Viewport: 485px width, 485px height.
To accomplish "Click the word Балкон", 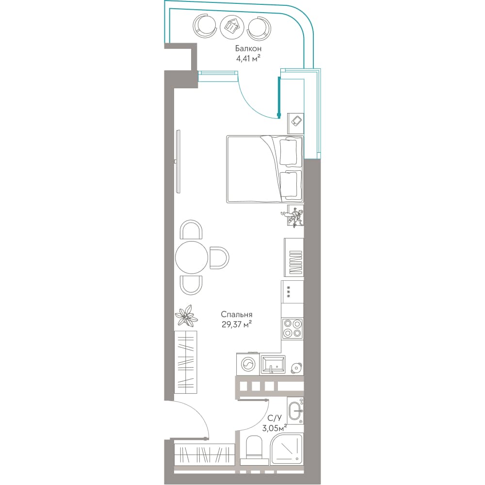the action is [x=248, y=48].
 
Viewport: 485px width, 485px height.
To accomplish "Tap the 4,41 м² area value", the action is [x=248, y=58].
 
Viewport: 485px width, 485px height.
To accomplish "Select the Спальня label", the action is [x=237, y=315].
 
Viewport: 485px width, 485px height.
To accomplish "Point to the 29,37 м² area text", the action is [x=236, y=324].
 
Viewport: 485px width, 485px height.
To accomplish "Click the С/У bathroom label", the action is [x=275, y=419].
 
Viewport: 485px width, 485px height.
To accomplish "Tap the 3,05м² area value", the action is [x=275, y=428].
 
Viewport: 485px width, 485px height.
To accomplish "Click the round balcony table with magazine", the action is [x=232, y=27].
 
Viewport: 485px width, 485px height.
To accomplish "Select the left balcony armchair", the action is [x=204, y=27].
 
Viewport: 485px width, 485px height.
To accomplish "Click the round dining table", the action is [x=192, y=258].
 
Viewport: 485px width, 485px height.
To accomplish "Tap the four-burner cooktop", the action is [x=292, y=328].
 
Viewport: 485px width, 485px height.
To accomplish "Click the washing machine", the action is [x=248, y=364].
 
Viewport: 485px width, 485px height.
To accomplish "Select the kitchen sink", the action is [x=273, y=364].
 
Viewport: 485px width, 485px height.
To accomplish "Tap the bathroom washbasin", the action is [x=295, y=411].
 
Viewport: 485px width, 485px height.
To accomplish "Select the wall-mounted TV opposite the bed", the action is [x=178, y=162].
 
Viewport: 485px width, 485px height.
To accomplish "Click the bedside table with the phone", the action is [x=296, y=123].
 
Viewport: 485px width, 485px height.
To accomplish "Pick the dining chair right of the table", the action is [x=219, y=258].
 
